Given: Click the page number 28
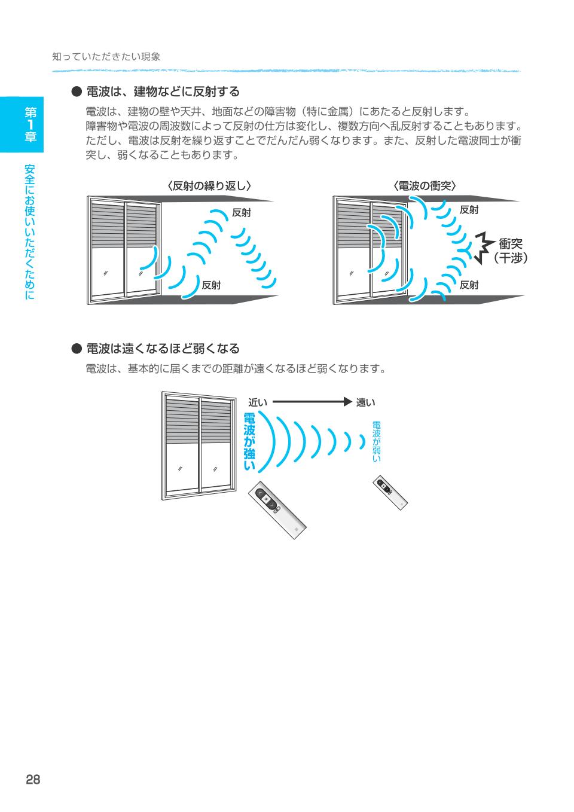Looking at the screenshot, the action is [33, 780].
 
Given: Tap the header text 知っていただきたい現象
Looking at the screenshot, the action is [106, 57].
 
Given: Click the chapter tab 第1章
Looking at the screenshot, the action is [30, 124].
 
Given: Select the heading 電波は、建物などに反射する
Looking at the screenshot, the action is [163, 91].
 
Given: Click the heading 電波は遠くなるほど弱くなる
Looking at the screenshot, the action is [163, 349].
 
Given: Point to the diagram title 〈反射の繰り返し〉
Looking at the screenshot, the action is [209, 186].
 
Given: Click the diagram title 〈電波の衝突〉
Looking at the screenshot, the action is [425, 186].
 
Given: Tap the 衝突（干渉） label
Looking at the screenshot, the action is [510, 251].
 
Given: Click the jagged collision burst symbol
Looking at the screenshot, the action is [484, 248].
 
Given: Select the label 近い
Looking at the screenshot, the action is [258, 402].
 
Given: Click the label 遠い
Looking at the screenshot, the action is [365, 402].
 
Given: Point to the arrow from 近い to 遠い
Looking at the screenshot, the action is [312, 402].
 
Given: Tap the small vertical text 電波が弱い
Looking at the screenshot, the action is [377, 441].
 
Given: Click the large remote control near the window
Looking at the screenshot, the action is [277, 510].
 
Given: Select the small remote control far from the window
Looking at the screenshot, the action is [390, 493].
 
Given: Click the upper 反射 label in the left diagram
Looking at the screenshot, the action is [242, 212].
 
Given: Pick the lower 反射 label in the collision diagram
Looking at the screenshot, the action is [469, 285].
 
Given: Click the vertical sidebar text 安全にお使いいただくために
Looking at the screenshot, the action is [30, 232].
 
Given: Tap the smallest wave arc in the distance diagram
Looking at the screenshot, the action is [362, 442].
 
